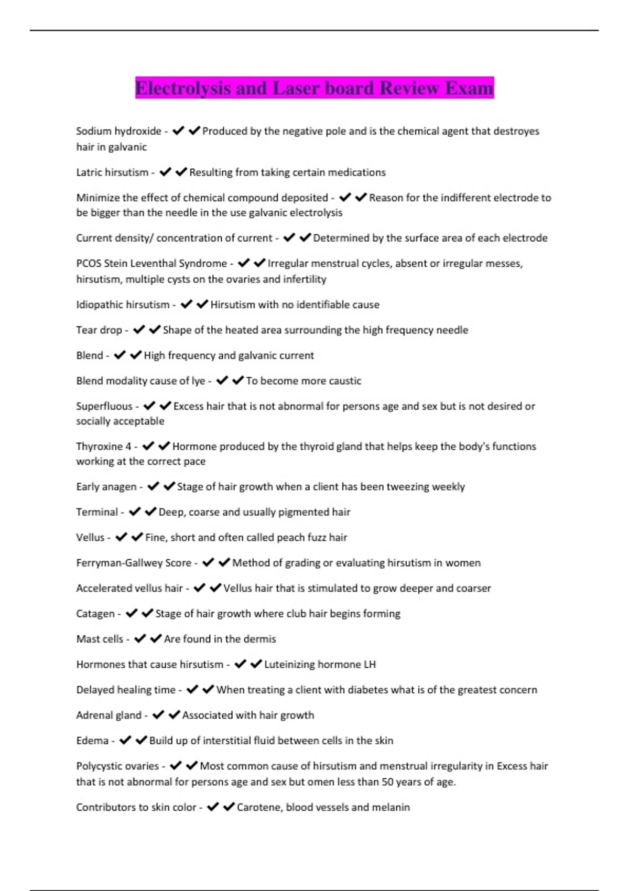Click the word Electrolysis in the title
183,88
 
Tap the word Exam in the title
469,88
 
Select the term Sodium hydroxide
118,131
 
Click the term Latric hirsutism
112,172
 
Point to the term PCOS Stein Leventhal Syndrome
151,263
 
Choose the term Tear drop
99,330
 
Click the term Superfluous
104,406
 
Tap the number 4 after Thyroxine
128,447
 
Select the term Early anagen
106,487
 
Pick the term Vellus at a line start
90,538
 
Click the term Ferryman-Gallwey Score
134,563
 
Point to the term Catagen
95,614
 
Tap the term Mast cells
100,639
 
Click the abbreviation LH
370,665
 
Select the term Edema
92,741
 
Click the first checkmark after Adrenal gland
158,715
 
